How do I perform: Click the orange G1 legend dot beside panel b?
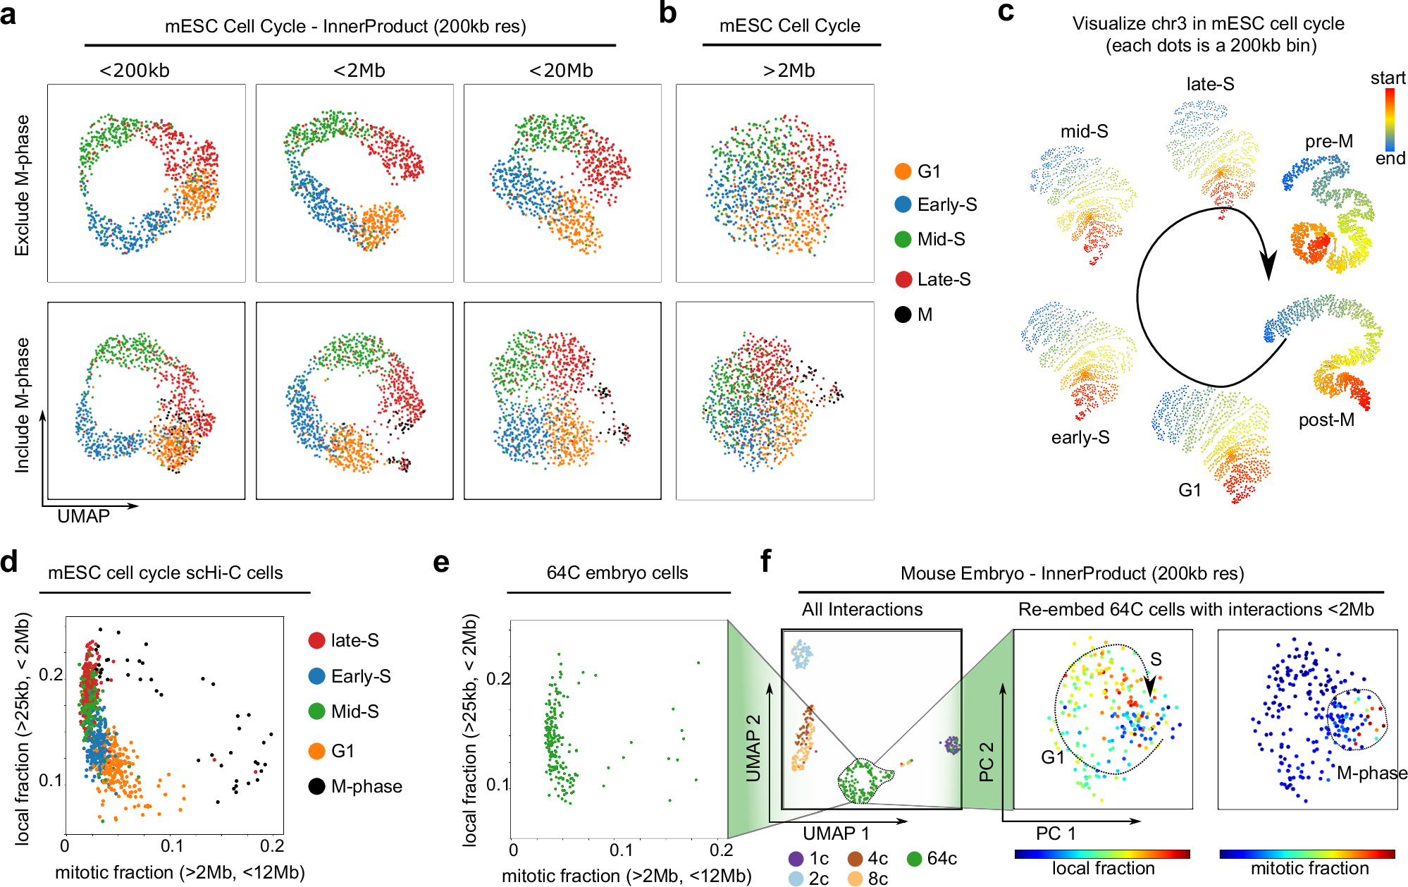[x=903, y=171]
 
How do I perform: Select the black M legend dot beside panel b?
[x=903, y=314]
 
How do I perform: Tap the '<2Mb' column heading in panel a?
[x=359, y=71]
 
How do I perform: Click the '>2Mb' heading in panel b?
[x=789, y=71]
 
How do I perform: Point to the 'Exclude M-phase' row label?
[x=23, y=185]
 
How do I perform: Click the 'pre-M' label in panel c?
[x=1328, y=141]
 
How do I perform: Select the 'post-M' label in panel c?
[x=1326, y=420]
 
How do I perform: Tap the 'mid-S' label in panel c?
[x=1084, y=131]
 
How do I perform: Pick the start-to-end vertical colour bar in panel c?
[x=1390, y=120]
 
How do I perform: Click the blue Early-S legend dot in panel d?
[x=317, y=676]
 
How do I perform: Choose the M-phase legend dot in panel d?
[x=317, y=786]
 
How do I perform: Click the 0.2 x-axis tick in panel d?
[x=273, y=846]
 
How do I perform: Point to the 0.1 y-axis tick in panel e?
[x=498, y=785]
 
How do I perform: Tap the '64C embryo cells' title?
[x=617, y=573]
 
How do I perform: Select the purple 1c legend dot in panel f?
[x=796, y=859]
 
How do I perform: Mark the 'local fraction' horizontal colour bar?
[x=1102, y=854]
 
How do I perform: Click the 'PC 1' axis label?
[x=1056, y=833]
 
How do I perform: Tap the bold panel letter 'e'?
[x=441, y=563]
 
